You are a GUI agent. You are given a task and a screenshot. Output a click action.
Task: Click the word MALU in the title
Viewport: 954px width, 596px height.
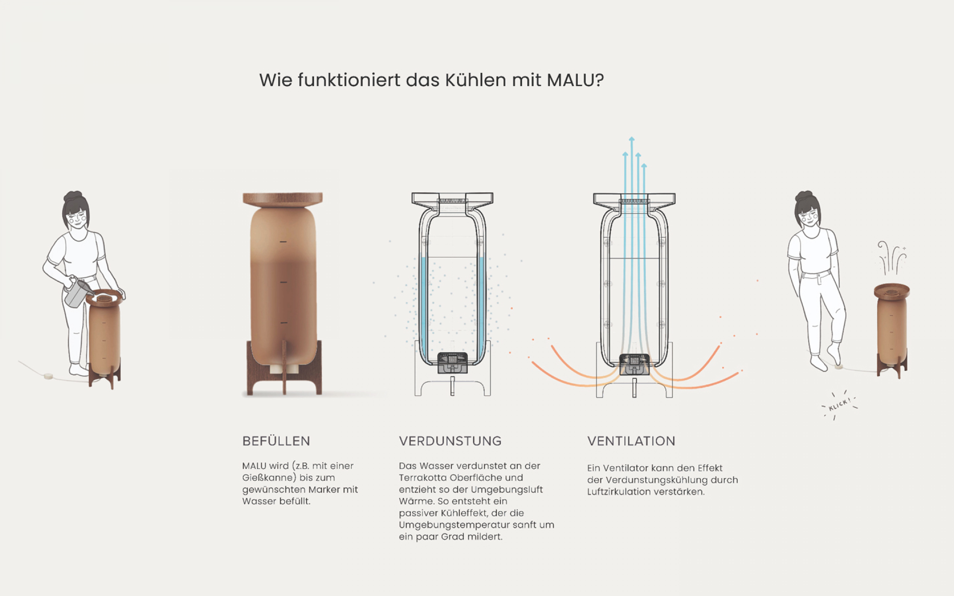point(571,80)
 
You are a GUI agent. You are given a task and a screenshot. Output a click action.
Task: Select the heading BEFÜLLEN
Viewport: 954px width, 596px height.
point(276,441)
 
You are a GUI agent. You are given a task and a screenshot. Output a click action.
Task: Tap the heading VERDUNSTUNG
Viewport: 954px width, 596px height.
point(450,441)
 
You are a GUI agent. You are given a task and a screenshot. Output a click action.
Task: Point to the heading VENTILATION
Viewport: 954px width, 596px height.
point(631,441)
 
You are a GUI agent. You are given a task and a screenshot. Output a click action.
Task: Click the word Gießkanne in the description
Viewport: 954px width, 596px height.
point(269,478)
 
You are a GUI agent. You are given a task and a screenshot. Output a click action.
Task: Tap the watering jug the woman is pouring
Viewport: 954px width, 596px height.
point(78,291)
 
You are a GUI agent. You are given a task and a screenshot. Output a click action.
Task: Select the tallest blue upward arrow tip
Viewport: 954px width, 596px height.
point(632,139)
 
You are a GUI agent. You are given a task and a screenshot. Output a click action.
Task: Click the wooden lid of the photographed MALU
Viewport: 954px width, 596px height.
point(283,199)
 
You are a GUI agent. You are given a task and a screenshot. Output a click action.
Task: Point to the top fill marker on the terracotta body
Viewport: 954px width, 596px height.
point(283,241)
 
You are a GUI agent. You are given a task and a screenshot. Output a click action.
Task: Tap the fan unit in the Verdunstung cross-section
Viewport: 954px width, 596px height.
point(452,362)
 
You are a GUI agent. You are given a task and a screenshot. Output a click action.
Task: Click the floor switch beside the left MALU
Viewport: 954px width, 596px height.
point(48,376)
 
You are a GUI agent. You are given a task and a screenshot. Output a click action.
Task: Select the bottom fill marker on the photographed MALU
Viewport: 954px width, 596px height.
point(284,323)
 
